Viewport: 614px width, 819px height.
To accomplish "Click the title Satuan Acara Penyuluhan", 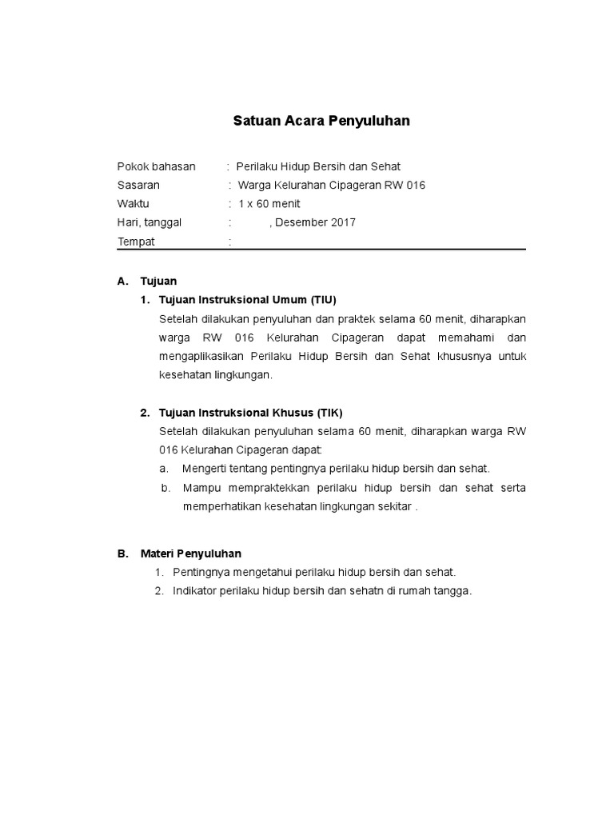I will point(321,122).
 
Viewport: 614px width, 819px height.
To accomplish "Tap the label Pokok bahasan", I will point(156,166).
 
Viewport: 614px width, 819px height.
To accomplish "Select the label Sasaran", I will point(138,185).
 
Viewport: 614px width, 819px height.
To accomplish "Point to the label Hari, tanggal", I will point(150,222).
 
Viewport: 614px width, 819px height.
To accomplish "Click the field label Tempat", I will point(136,242).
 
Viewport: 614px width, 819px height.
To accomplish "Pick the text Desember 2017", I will point(315,222).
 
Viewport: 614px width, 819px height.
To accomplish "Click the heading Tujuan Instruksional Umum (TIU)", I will point(248,300).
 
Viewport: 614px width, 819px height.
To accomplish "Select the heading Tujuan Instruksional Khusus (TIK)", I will point(250,413).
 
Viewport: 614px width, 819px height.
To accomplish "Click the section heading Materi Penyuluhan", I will point(191,553).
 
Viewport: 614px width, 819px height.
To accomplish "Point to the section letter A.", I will point(122,281).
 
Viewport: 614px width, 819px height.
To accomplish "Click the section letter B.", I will point(122,553).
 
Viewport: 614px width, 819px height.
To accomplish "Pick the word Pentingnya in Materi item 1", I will point(199,572).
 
